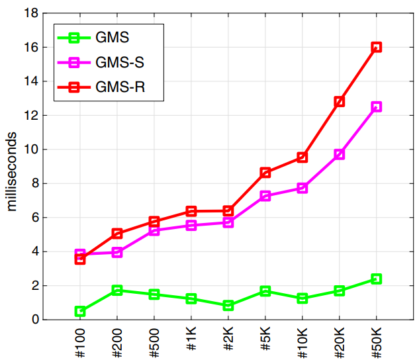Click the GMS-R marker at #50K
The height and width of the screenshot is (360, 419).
pos(376,47)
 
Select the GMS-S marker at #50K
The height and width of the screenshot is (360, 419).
pos(376,107)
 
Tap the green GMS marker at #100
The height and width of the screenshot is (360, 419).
pos(80,311)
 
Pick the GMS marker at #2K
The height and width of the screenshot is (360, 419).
pos(228,305)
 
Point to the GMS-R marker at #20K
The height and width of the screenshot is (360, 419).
pos(340,101)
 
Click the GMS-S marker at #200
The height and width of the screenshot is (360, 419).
pos(117,252)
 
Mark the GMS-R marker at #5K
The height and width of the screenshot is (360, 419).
pos(265,173)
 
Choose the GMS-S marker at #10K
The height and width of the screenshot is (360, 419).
pos(303,188)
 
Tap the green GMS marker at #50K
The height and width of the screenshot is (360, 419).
pos(376,279)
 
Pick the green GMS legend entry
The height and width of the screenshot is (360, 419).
pos(113,38)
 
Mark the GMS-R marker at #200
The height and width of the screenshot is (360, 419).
pos(117,233)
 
